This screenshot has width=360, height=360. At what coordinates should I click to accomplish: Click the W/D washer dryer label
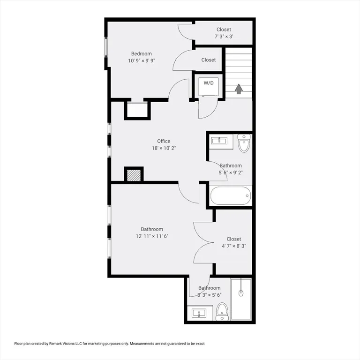click(209, 83)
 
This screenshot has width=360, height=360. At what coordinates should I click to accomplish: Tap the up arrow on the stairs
click(239, 89)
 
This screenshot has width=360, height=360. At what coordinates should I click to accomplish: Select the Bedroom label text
click(141, 54)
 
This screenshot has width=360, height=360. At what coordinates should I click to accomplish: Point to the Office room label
click(164, 141)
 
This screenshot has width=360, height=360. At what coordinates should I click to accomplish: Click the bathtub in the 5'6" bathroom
click(231, 195)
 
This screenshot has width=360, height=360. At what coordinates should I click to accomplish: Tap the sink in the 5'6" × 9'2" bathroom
click(219, 141)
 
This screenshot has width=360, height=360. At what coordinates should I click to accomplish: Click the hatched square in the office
click(134, 175)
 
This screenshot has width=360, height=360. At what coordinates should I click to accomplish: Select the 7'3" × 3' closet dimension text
click(224, 37)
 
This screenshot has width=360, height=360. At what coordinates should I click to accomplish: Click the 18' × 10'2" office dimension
click(164, 148)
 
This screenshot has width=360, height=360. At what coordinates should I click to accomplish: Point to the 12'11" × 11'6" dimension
click(152, 236)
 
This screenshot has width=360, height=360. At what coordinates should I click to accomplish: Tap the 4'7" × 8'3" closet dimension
click(233, 246)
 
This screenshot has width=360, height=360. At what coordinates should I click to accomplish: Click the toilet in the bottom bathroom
click(222, 311)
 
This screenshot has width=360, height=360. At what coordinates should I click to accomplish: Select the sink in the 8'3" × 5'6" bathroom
click(199, 313)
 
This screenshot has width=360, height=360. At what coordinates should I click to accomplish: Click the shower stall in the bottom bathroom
click(241, 299)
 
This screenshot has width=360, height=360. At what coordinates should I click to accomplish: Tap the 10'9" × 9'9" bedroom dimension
click(141, 61)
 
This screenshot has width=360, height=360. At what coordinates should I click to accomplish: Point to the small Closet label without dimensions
click(209, 60)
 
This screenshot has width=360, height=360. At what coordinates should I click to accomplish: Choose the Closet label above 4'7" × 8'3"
click(233, 239)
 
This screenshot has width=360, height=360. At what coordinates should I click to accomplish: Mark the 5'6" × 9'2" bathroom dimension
click(231, 172)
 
